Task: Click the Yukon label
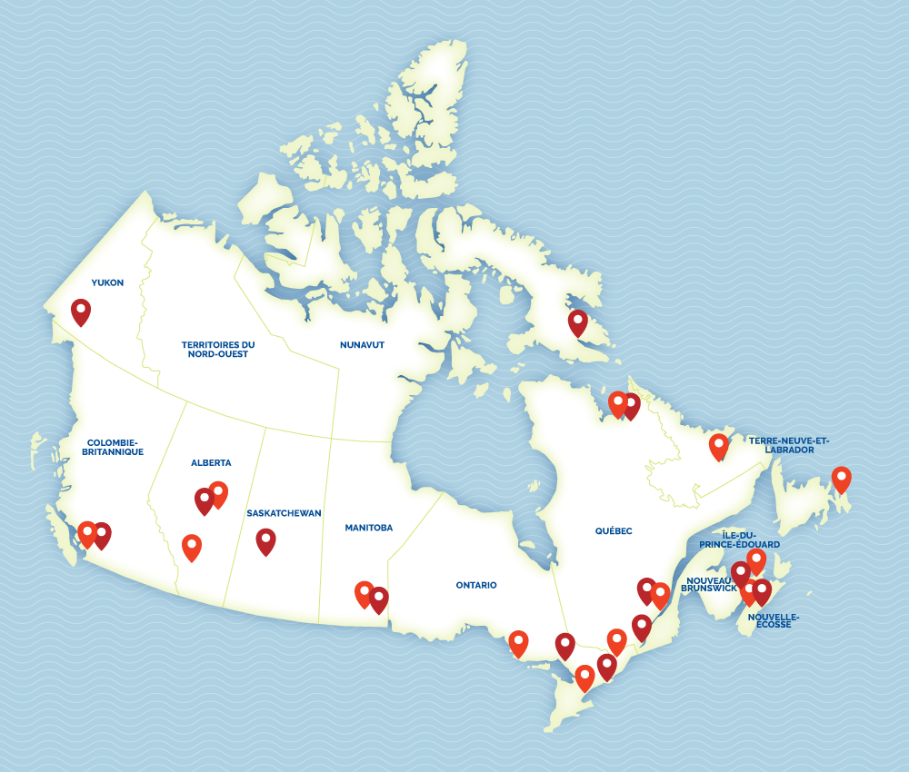click(x=107, y=282)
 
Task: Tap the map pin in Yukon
click(x=81, y=312)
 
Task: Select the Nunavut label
click(x=362, y=345)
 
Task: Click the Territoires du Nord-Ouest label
click(x=218, y=349)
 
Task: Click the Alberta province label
click(x=211, y=462)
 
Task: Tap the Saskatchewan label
click(x=284, y=513)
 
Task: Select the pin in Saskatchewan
click(x=265, y=541)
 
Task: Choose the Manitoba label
click(x=368, y=528)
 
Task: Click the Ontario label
click(x=476, y=585)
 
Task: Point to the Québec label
click(x=614, y=531)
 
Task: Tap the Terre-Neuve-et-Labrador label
click(x=789, y=445)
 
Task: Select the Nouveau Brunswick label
click(x=711, y=583)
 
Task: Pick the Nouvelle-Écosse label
click(x=773, y=620)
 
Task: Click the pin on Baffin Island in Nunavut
click(x=577, y=322)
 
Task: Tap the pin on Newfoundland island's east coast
click(x=841, y=479)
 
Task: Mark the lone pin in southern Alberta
click(x=191, y=547)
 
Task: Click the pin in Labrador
click(x=718, y=446)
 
